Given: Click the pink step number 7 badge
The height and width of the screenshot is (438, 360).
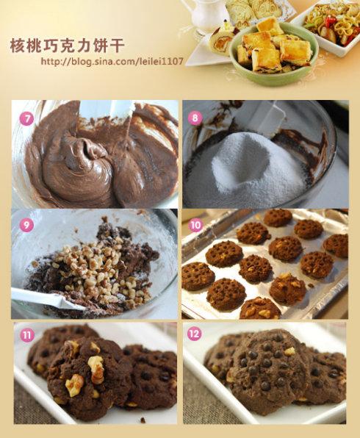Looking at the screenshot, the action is click(26, 119).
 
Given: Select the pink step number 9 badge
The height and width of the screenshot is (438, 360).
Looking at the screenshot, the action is click(26, 225).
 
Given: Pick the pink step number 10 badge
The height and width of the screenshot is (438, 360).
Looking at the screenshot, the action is click(195, 225).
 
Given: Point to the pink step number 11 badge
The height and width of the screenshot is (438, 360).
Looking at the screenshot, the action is click(26, 334).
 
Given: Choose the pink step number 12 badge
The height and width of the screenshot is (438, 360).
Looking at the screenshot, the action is click(194, 334).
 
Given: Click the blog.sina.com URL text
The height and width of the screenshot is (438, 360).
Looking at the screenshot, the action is click(112, 61).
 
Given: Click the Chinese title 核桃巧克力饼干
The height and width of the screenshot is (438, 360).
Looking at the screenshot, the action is click(67, 46).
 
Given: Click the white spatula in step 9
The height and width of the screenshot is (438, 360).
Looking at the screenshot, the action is click(46, 299).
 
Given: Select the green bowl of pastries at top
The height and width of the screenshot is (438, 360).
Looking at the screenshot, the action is click(274, 54).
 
